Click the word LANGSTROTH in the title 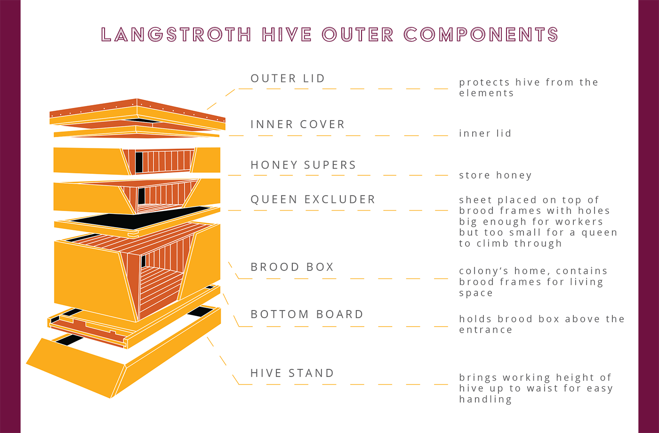click(x=176, y=34)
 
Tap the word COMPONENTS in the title click(x=481, y=34)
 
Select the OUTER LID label click(x=288, y=78)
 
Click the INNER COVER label click(x=297, y=124)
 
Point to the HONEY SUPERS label click(x=303, y=165)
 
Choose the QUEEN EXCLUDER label click(x=313, y=199)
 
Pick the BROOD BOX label click(x=292, y=267)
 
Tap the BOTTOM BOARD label click(x=307, y=314)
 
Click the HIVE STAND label click(x=292, y=373)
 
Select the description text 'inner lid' click(x=485, y=133)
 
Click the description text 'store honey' click(x=495, y=175)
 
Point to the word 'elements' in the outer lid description click(x=486, y=93)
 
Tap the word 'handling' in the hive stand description click(x=485, y=400)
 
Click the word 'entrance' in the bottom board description click(x=486, y=330)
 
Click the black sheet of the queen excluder click(x=140, y=218)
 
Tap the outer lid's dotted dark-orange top click(x=137, y=110)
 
